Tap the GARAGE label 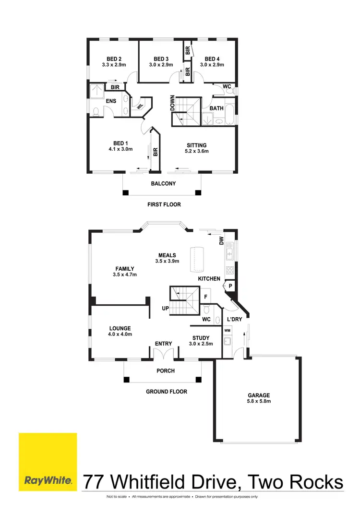259,395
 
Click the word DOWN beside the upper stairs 172,103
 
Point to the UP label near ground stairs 165,309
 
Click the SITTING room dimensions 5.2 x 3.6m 197,151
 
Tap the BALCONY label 163,184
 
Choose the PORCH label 166,371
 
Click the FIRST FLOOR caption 164,204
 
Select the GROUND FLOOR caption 167,392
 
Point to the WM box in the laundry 227,331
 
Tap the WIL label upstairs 140,107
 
